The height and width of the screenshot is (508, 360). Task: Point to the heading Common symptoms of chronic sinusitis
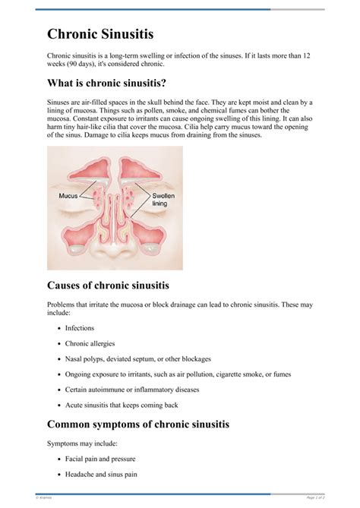(137, 424)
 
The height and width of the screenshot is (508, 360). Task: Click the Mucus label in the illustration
(68, 195)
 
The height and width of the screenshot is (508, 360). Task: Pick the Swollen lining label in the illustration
(159, 199)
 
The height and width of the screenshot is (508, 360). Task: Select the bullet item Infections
(80, 328)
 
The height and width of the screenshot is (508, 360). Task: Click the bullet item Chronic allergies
(91, 343)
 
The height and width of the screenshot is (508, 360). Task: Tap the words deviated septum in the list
(134, 358)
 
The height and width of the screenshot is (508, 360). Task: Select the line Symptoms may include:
(80, 442)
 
